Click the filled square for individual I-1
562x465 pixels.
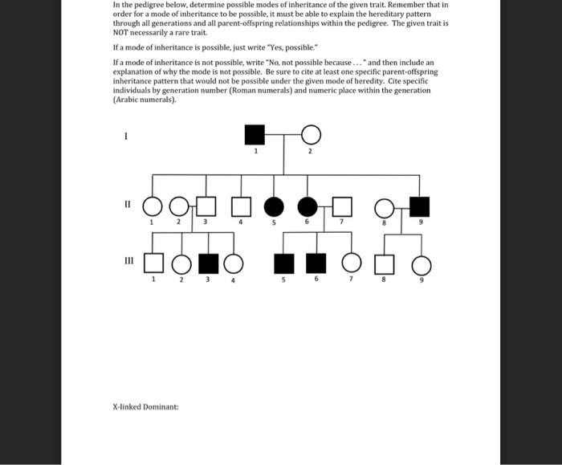click(255, 134)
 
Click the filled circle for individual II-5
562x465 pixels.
click(273, 206)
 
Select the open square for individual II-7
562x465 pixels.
click(343, 206)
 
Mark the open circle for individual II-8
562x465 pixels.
click(384, 207)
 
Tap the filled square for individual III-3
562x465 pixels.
click(208, 263)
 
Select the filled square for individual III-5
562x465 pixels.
click(282, 263)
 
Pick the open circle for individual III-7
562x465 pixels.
click(351, 263)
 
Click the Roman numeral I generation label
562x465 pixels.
click(125, 137)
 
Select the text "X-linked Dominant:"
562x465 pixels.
click(145, 406)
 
